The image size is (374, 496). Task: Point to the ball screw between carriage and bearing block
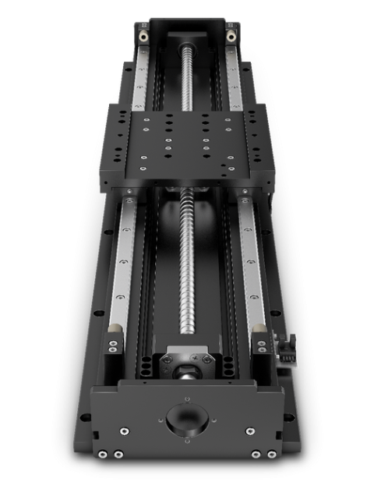[x=186, y=273]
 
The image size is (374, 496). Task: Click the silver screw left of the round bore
[x=123, y=430]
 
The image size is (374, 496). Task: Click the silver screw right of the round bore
[x=250, y=430]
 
